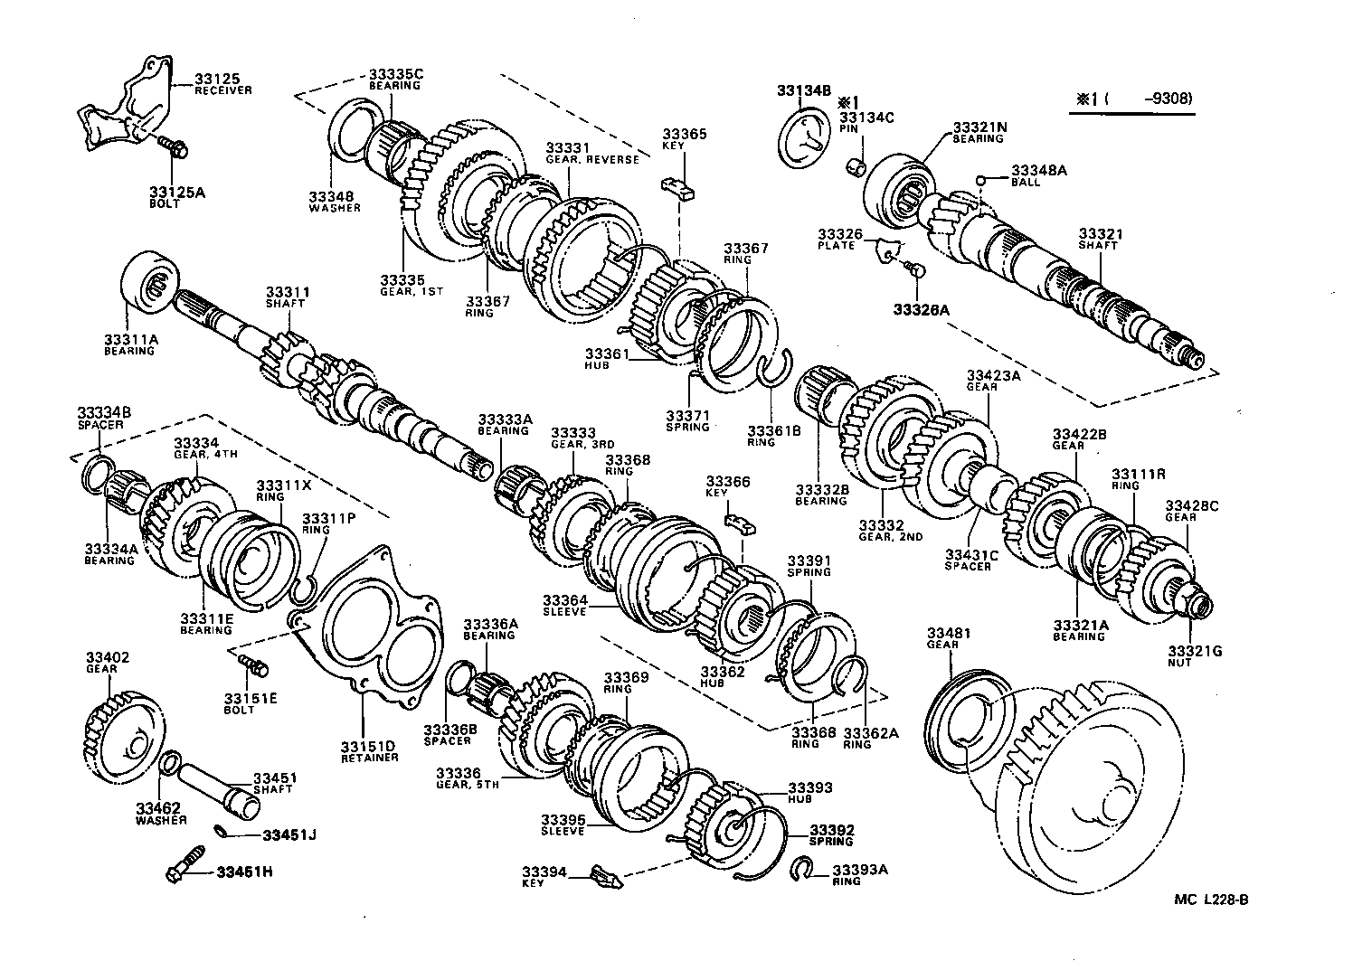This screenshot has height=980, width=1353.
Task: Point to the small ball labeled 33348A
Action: [981, 180]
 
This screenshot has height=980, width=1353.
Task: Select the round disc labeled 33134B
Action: [803, 137]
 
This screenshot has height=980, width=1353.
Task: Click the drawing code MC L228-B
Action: [1211, 899]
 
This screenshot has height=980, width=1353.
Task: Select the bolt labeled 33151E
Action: [253, 666]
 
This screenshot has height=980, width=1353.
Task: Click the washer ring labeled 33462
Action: [169, 764]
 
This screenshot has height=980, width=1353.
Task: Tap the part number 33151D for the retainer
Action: [368, 746]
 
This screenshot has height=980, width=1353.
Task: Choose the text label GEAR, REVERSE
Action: [592, 160]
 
